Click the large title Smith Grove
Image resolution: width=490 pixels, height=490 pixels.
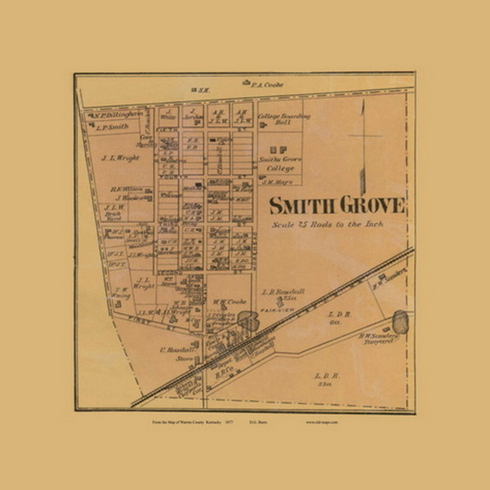click(336, 204)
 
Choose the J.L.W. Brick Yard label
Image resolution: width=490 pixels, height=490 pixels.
click(114, 213)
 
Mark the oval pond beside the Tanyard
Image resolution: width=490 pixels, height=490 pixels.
click(400, 321)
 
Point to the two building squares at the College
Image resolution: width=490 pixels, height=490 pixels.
click(278, 149)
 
